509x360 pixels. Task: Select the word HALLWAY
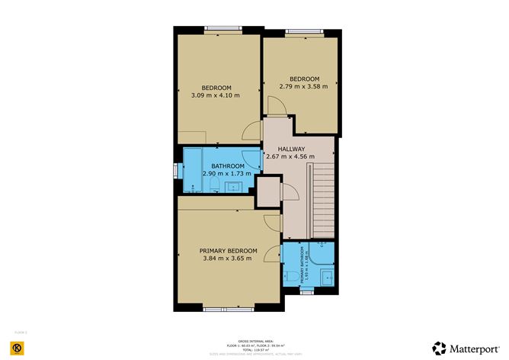coord(291,149)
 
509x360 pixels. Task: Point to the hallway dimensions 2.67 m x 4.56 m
coord(291,156)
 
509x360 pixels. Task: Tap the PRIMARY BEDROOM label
coord(229,251)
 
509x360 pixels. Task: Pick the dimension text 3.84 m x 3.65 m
coord(229,259)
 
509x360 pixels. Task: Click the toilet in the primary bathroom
coord(291,277)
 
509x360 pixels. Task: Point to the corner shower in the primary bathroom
coord(327,252)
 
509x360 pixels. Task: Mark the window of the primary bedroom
coord(222,308)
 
